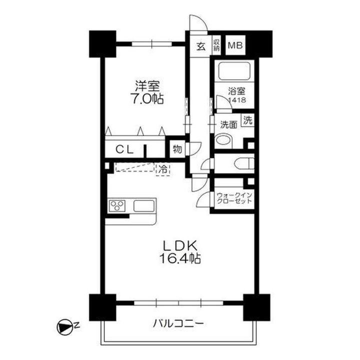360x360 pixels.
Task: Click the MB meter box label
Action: point(234,46)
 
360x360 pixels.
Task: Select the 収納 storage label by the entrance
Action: point(216,46)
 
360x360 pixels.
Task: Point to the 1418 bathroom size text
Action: point(236,100)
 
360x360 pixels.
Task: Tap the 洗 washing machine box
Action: point(248,120)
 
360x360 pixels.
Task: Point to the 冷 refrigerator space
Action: point(162,169)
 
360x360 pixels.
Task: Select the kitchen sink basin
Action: point(144,205)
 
